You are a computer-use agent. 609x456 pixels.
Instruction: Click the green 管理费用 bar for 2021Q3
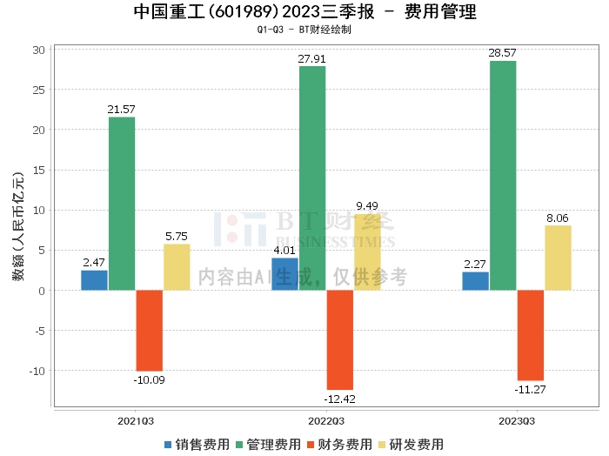pos(122,203)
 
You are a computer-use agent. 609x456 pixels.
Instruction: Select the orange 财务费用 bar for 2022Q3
pos(339,339)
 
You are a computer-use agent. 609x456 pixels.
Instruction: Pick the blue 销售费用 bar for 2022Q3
pos(284,273)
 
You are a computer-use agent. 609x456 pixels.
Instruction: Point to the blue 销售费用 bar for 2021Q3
pos(94,279)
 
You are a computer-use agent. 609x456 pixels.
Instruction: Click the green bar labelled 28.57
pos(503,175)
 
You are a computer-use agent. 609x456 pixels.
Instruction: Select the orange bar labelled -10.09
pos(149,331)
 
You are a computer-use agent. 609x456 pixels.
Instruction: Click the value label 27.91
pos(312,59)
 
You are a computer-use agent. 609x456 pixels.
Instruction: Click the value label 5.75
pos(177,237)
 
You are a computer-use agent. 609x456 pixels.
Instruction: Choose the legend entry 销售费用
pos(197,444)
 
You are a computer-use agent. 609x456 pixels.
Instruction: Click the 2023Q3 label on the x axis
pos(517,419)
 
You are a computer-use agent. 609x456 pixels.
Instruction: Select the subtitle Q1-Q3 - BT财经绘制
pos(304,30)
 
